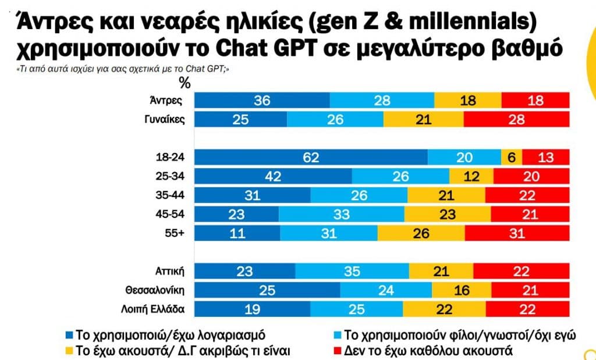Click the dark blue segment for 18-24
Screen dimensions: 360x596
310,158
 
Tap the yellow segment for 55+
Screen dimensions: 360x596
421,233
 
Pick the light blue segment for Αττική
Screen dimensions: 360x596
352,271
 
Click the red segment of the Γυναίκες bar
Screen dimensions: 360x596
516,119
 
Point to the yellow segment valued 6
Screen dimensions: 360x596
512,158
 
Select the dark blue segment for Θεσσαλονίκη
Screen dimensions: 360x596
267,290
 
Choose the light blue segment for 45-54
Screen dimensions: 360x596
342,214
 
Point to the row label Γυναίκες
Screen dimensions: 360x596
165,119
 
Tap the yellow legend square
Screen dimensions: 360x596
70,350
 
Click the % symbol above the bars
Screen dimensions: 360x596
185,81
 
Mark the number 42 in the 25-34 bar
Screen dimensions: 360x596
272,176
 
